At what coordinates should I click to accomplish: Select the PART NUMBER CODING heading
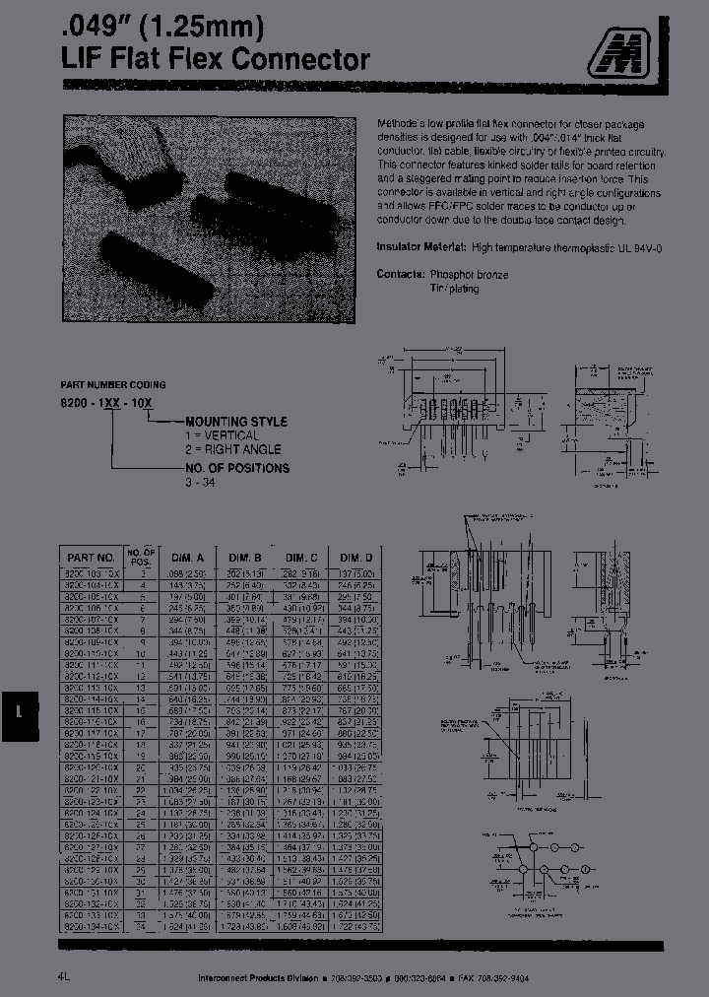[x=114, y=384]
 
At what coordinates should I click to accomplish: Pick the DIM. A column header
[x=187, y=557]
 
